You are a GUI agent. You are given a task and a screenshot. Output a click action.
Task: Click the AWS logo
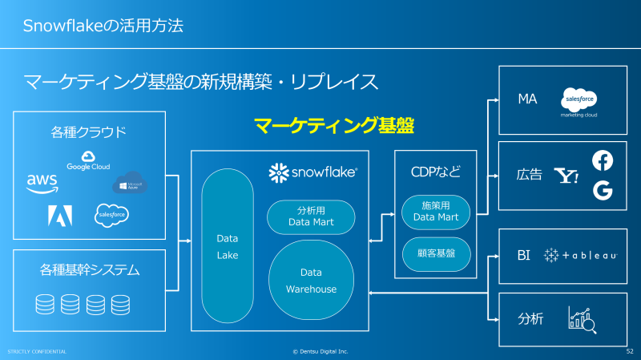coord(42,183)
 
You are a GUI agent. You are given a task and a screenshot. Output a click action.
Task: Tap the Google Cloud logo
coord(88,160)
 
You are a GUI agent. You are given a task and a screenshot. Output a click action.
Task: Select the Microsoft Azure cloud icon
coord(130,183)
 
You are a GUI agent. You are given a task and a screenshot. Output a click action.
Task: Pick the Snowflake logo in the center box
coord(313,172)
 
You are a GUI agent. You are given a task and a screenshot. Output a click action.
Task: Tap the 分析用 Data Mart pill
coord(311,216)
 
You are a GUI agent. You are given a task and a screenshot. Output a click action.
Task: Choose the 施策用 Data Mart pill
coord(435,211)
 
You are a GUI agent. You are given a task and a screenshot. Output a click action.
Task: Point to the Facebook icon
coord(602,160)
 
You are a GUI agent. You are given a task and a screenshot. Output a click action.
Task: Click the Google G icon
coord(602,190)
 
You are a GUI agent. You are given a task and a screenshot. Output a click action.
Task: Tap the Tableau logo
coord(580,255)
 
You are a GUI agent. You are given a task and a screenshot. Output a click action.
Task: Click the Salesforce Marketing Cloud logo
coord(579,102)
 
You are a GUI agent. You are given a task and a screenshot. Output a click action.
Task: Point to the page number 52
coord(629,351)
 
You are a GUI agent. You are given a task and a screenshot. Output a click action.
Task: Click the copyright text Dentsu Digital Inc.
coord(320,351)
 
